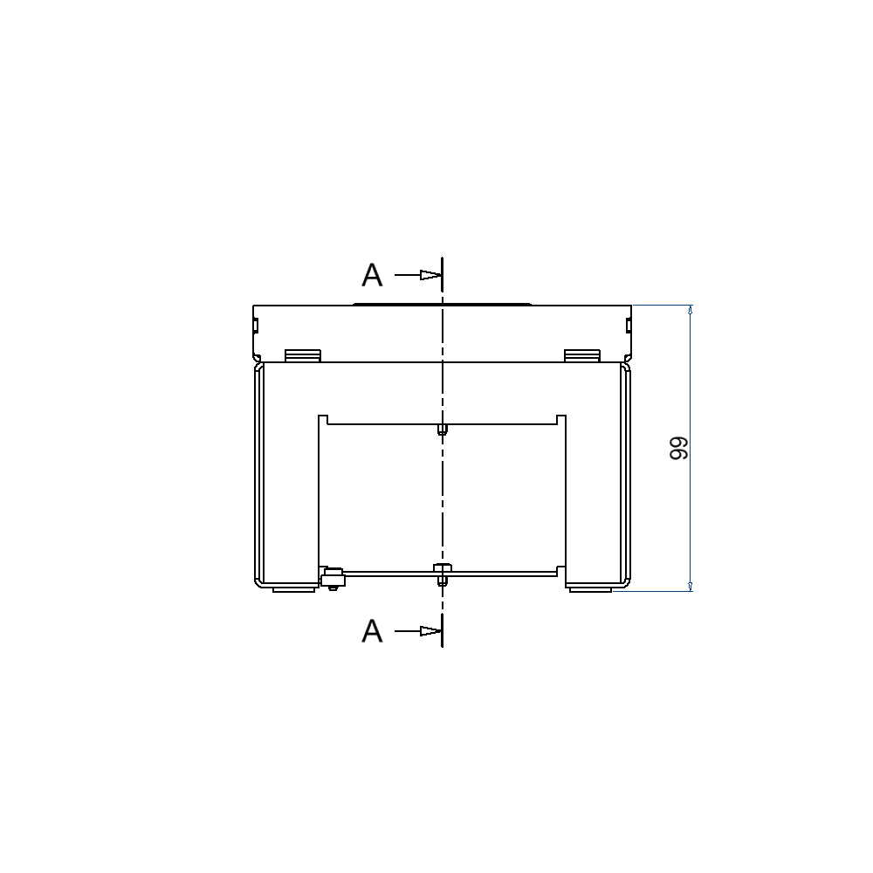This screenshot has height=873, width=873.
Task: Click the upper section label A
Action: click(x=373, y=275)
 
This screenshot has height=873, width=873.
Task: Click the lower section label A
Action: click(x=373, y=630)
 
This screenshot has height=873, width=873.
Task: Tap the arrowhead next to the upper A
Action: click(x=428, y=275)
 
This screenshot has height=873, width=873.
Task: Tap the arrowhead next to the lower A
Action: click(x=428, y=630)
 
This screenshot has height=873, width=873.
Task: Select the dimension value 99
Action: click(x=678, y=449)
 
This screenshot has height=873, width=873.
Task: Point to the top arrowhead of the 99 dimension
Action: click(x=691, y=311)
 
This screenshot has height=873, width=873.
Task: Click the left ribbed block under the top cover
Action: click(x=303, y=355)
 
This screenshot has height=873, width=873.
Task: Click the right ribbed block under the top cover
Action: click(x=581, y=355)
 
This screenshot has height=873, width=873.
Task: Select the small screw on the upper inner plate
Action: click(x=443, y=429)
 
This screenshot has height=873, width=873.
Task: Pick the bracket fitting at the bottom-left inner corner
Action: click(x=332, y=578)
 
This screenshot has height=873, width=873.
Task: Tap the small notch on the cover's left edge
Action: click(x=255, y=327)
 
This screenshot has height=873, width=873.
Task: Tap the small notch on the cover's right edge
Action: click(x=629, y=327)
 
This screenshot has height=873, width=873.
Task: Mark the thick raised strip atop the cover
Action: click(x=442, y=304)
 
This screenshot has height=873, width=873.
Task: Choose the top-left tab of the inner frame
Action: click(x=322, y=419)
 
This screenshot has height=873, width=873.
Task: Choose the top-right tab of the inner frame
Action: click(x=561, y=419)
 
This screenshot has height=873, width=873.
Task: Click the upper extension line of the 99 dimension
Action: click(x=663, y=305)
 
